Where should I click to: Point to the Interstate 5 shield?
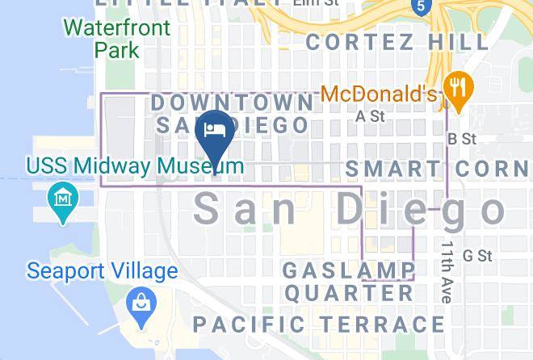pos(418,6)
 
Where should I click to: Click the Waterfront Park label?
pos(117,39)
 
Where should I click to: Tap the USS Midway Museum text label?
pos(135,166)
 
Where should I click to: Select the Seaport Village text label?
pos(102,270)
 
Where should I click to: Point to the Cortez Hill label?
pos(397,41)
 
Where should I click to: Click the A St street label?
pos(370,117)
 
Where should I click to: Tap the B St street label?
pos(463,139)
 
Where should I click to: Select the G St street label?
pos(477,256)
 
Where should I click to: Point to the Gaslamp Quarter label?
pos(349,281)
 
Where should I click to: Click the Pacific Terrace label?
pos(318,324)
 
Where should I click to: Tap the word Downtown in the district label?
pos(233,103)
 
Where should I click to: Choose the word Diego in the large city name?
pos(420,209)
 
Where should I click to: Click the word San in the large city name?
pos(246,209)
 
